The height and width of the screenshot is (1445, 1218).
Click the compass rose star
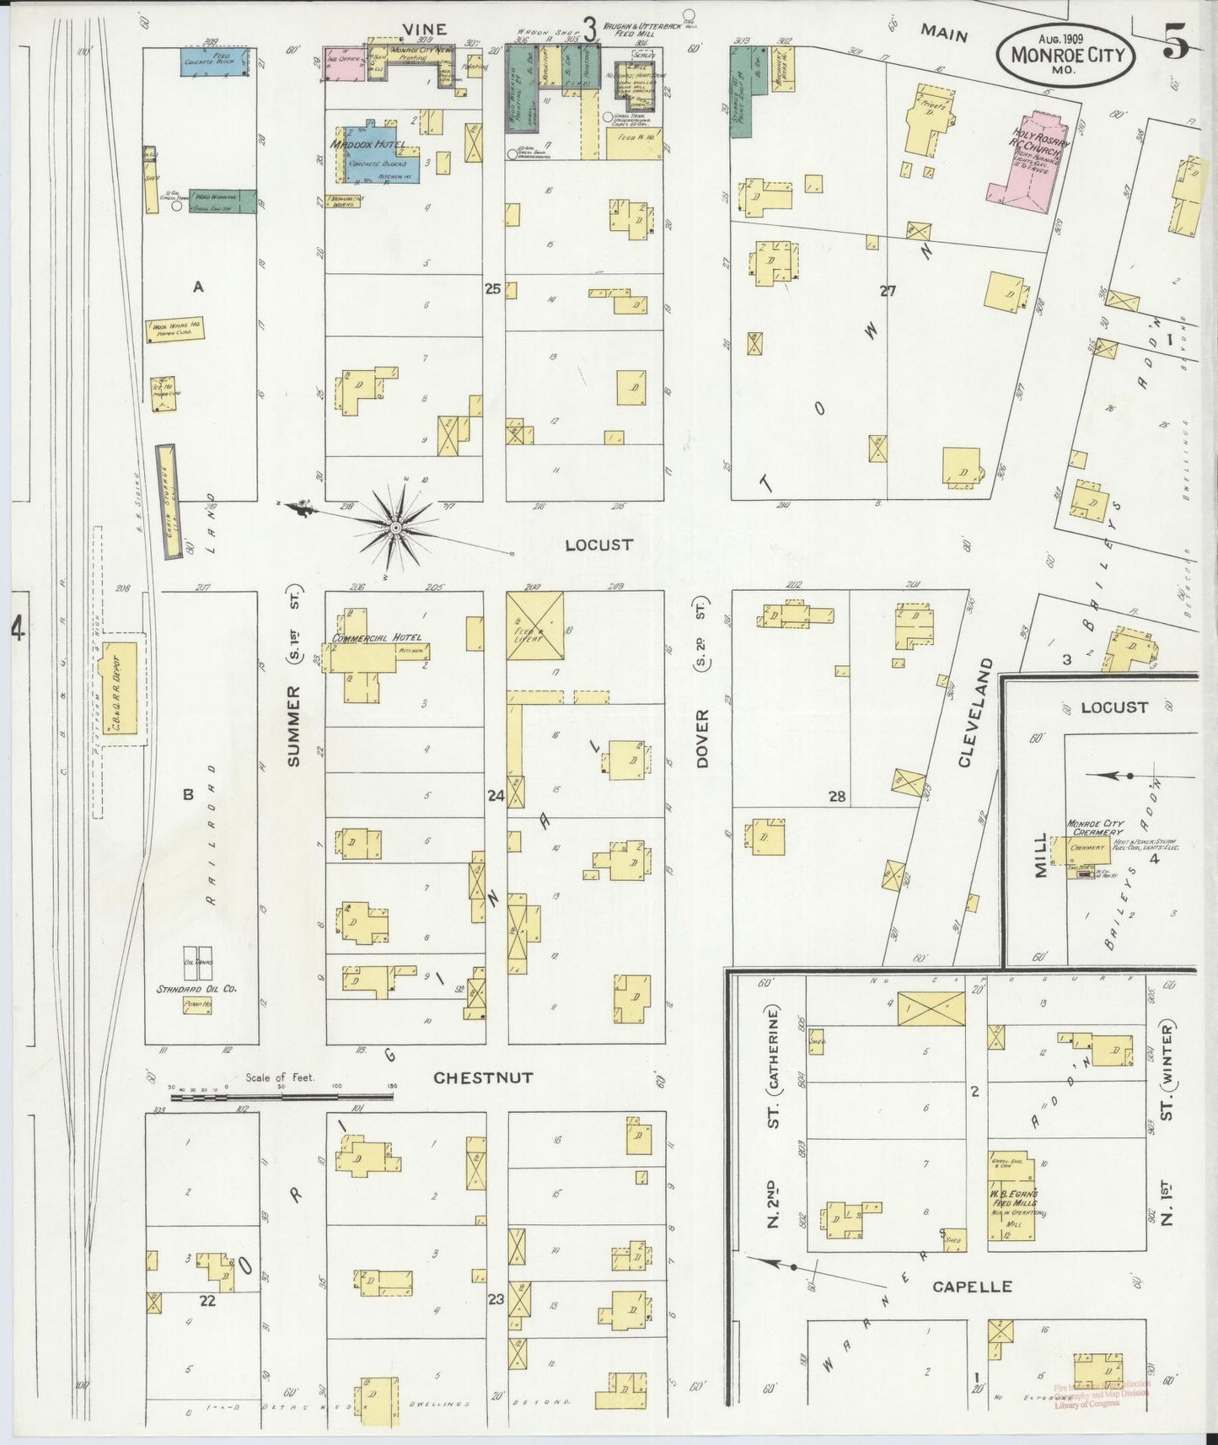(394, 528)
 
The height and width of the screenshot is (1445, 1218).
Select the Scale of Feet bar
(283, 1098)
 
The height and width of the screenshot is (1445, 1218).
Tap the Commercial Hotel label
(376, 638)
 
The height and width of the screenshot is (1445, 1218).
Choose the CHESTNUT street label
(483, 1077)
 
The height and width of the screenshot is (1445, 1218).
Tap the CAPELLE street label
(971, 1287)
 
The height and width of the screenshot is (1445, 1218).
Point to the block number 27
(887, 291)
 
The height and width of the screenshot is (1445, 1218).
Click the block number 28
(836, 796)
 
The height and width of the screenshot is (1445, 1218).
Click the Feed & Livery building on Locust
(535, 626)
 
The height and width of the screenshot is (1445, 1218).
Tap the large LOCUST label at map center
(598, 545)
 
